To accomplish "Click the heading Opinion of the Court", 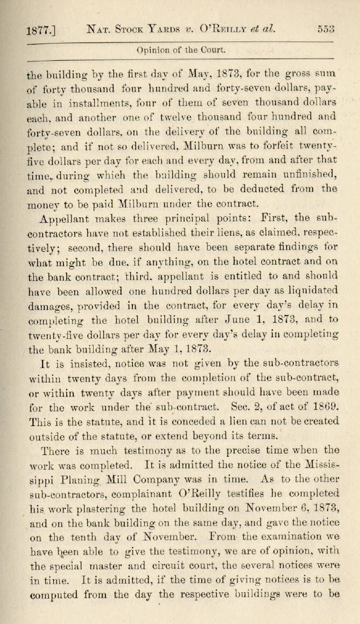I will tap(181, 51).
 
